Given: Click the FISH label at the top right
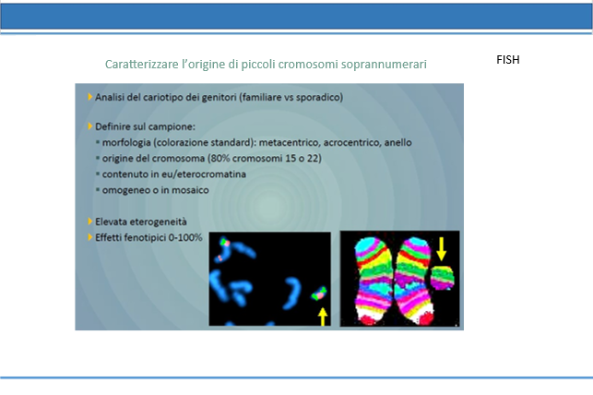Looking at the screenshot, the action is [x=508, y=60].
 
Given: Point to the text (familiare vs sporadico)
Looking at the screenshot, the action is [x=291, y=98].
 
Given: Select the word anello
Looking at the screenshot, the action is [x=397, y=143].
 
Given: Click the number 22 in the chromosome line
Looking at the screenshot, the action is [x=313, y=159].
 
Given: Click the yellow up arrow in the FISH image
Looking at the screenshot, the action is [x=322, y=317].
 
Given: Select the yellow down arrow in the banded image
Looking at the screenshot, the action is [x=441, y=248].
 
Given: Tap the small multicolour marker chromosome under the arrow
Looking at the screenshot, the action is [x=443, y=278].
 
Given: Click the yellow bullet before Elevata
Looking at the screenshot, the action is [x=90, y=221].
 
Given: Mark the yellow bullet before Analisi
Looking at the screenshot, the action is [x=90, y=97].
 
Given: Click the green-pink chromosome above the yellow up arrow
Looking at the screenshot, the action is [x=319, y=293].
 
